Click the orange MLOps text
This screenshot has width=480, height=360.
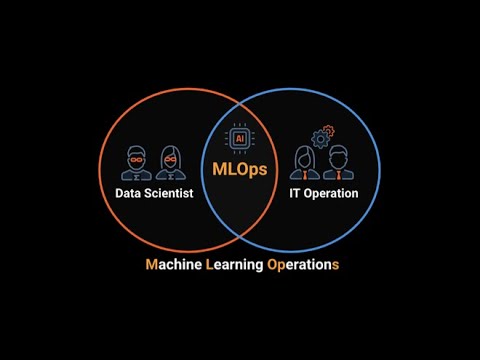[240, 169]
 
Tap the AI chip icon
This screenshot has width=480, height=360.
[240, 138]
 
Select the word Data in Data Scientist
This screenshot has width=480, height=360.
[128, 193]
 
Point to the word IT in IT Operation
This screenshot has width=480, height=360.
[294, 193]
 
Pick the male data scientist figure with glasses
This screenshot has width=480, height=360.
[136, 163]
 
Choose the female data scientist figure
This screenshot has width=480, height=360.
[171, 163]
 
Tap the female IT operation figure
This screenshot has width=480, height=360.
[305, 163]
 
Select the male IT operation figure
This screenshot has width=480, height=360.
[338, 163]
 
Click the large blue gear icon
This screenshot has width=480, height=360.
[320, 139]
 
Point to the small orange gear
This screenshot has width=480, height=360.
[329, 130]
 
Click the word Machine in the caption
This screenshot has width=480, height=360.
[174, 265]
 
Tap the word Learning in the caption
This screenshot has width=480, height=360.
[235, 265]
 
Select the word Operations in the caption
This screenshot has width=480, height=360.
[303, 265]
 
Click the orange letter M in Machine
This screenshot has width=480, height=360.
[151, 265]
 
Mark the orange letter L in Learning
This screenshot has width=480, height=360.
[209, 265]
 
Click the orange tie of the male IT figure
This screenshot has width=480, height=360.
[339, 175]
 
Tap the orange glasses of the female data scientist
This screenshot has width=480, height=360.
[170, 160]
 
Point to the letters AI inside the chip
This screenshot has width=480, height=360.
[240, 139]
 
